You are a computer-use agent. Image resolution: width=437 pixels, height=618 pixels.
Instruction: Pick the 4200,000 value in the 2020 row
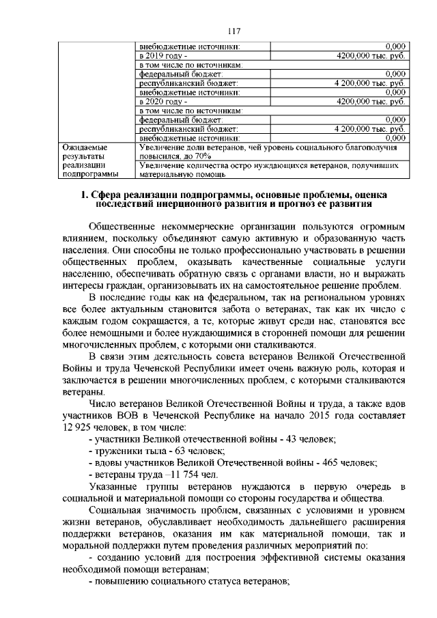tap(371, 101)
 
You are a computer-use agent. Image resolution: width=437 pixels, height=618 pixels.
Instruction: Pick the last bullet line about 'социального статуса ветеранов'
tap(189, 582)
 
